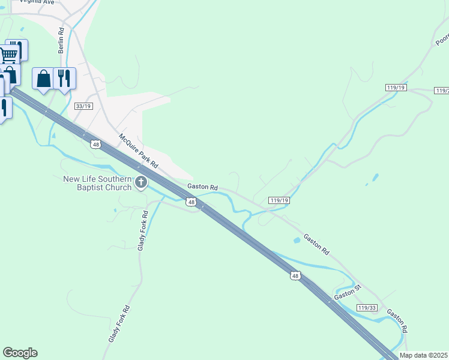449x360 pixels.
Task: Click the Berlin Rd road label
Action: (x=61, y=41)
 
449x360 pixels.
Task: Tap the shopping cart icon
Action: (x=8, y=55)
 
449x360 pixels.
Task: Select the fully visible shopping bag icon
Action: (x=43, y=79)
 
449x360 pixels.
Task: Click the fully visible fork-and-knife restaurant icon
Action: (x=65, y=78)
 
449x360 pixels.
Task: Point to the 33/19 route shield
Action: (x=83, y=106)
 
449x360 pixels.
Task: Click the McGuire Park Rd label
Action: (x=138, y=151)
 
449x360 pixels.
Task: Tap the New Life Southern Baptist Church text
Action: (x=97, y=183)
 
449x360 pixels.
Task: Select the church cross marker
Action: (x=141, y=182)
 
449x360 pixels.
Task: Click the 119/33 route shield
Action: (x=366, y=307)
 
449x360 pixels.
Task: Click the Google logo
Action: (x=20, y=353)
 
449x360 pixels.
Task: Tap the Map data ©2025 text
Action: (x=423, y=355)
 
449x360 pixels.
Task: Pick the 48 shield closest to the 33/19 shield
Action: (x=95, y=144)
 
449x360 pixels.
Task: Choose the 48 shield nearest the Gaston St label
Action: (x=294, y=276)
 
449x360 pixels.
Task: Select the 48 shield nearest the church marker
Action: (x=191, y=203)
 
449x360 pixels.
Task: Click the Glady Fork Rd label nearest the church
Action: (x=143, y=231)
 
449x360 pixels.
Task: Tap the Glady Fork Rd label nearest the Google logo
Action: (x=119, y=324)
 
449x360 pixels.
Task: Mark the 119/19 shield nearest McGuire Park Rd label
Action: (x=279, y=200)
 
